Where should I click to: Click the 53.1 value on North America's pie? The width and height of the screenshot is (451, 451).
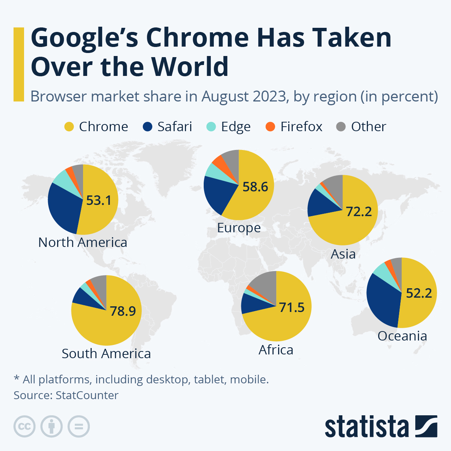[x=99, y=200]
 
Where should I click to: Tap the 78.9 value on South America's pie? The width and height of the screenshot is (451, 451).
[x=123, y=311]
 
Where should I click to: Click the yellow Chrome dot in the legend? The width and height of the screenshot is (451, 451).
[x=69, y=127]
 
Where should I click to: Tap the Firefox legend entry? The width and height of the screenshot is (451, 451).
[x=301, y=127]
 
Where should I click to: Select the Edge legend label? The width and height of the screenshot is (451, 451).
[x=236, y=127]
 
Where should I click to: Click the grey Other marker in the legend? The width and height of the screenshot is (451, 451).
[x=341, y=127]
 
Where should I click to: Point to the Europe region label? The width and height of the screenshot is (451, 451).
[x=239, y=228]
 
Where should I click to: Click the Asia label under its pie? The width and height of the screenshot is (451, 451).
[x=343, y=254]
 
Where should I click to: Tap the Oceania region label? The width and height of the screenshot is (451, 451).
[x=402, y=336]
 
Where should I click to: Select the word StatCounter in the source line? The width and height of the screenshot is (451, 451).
[x=87, y=395]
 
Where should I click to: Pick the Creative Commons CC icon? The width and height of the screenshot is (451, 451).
[x=24, y=427]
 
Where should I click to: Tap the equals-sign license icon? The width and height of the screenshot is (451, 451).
[x=79, y=427]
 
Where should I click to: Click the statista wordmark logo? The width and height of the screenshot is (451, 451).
[x=380, y=427]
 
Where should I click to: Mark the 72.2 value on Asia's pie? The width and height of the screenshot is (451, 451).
[x=359, y=212]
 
